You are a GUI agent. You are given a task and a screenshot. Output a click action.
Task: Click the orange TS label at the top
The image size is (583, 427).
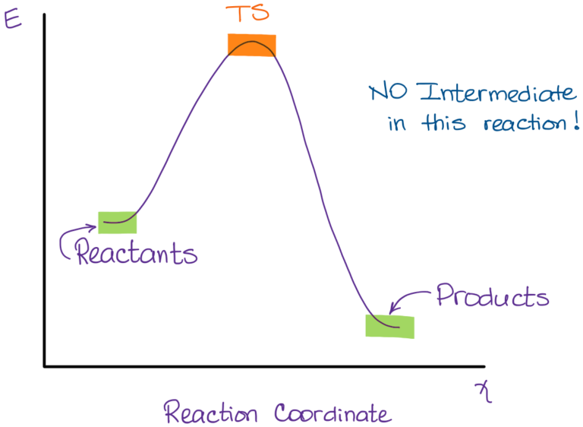[247, 13]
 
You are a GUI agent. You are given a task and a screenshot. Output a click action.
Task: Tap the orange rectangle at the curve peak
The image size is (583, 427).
[252, 45]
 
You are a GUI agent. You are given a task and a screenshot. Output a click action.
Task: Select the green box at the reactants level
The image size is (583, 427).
[117, 223]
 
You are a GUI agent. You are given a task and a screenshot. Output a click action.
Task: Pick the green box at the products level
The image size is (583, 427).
[389, 327]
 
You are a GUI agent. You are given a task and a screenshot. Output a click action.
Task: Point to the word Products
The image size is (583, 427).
[492, 296]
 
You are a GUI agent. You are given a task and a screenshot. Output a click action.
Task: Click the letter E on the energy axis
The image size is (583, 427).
[13, 19]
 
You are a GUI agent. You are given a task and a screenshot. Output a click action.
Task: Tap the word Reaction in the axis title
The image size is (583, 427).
[210, 412]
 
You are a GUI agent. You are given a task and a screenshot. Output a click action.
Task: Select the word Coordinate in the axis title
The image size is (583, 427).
[332, 413]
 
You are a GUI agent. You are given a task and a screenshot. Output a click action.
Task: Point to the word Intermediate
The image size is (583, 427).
[496, 92]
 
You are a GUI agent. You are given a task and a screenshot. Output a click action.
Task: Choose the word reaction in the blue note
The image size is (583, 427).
[525, 123]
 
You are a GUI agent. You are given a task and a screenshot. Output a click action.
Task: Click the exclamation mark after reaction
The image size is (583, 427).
[576, 121]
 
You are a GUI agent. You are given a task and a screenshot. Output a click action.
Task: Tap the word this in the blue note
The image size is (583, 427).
[443, 122]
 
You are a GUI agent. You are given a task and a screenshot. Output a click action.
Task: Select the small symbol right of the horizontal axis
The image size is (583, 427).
[484, 392]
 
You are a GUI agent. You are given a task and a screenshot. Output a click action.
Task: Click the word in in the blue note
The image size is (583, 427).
[397, 123]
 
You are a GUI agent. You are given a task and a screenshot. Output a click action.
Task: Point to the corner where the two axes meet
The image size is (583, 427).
[44, 366]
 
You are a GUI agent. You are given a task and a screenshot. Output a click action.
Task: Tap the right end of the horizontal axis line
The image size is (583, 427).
[484, 367]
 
